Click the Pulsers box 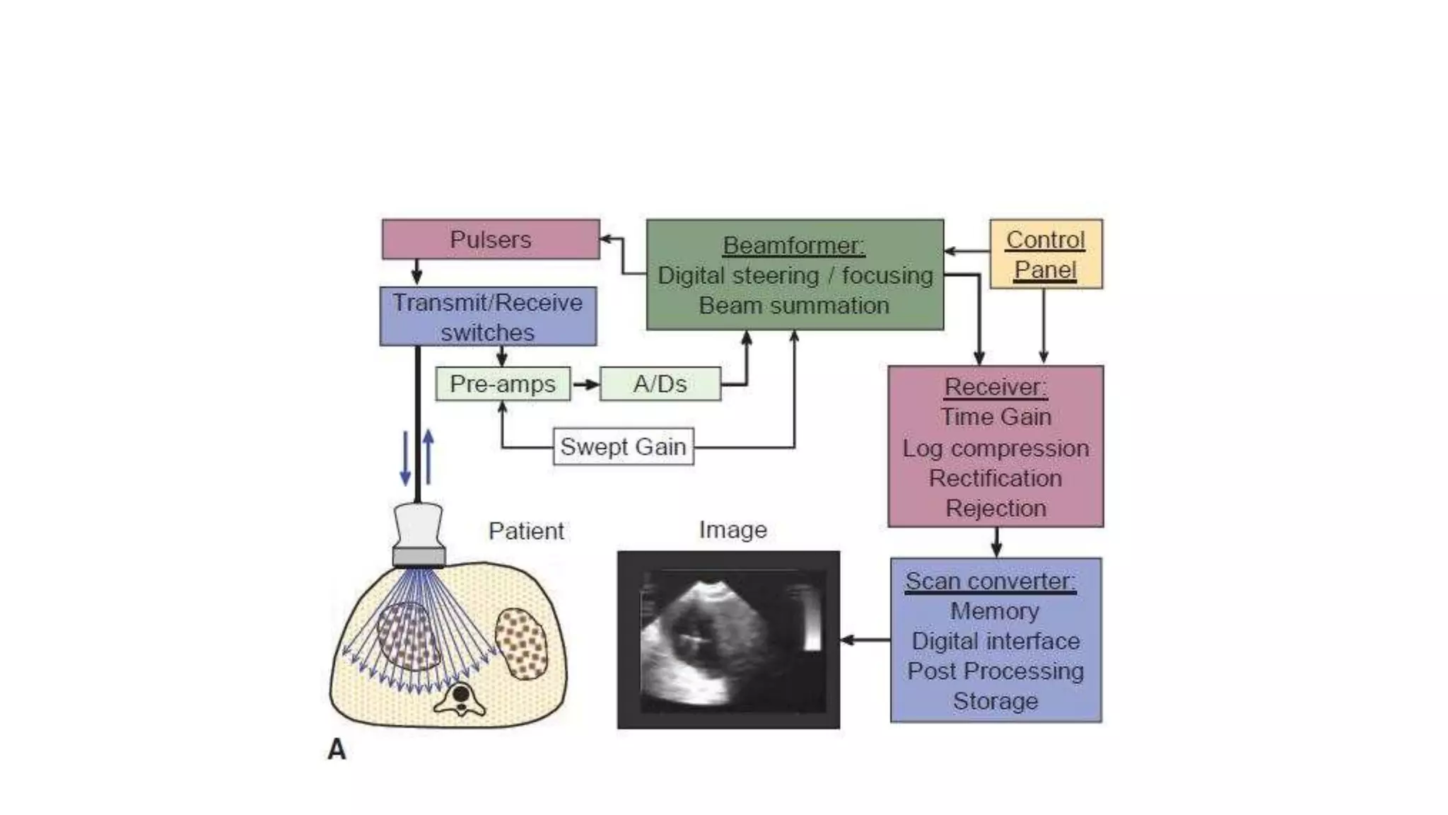point(491,239)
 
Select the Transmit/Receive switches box point(488,317)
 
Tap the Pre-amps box point(503,384)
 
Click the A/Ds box point(660,384)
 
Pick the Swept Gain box point(623,447)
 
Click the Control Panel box point(1045,254)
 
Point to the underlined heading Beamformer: point(793,245)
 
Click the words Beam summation point(794,306)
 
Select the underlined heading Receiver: point(995,387)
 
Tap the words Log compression point(995,449)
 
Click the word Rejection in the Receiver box point(995,508)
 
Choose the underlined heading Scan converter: point(991,582)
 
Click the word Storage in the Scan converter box point(995,701)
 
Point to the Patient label point(526,531)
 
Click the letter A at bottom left point(337,750)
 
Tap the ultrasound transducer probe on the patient point(419,534)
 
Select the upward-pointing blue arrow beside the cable point(428,456)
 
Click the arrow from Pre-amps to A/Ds point(585,384)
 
